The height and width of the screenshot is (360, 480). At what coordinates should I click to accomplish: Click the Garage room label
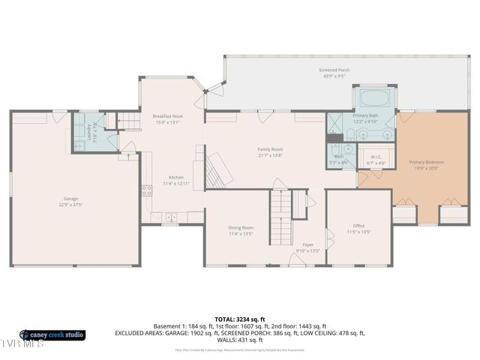(x=70, y=199)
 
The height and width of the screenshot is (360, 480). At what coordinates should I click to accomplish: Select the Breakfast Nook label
(x=167, y=116)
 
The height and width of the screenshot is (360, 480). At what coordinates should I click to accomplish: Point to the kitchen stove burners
(x=146, y=191)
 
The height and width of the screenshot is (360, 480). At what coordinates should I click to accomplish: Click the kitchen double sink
(x=171, y=217)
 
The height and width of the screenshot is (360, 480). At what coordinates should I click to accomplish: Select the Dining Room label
(x=241, y=228)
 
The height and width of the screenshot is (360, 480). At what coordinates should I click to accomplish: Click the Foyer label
(x=307, y=244)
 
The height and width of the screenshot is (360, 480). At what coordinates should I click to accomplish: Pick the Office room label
(x=358, y=226)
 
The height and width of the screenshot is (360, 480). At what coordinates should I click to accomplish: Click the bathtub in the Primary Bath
(x=373, y=99)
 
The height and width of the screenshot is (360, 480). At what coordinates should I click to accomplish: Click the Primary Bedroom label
(x=426, y=162)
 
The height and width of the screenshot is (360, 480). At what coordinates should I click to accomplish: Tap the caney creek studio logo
(x=52, y=334)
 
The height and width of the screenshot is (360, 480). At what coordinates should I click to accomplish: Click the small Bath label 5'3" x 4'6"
(x=338, y=157)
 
